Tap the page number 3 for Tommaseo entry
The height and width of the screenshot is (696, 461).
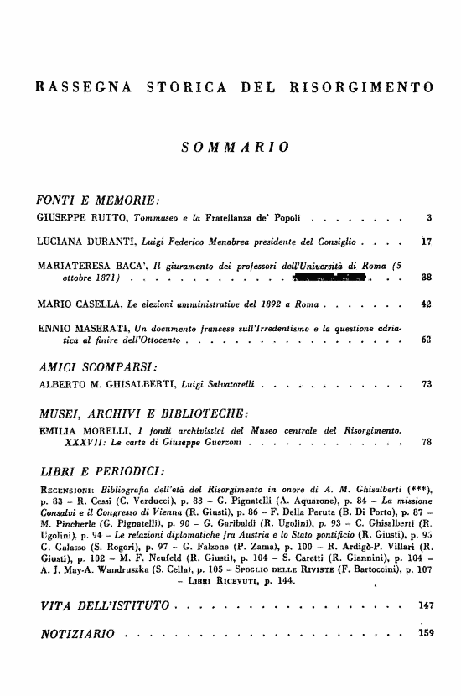428,220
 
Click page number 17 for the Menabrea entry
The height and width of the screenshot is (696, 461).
426,243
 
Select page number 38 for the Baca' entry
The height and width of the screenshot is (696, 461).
426,278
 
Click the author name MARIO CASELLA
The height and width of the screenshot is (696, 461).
73,302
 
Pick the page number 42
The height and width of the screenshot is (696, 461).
426,302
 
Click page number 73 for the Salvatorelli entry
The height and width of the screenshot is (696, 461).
426,385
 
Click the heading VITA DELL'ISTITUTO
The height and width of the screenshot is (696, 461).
101,629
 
